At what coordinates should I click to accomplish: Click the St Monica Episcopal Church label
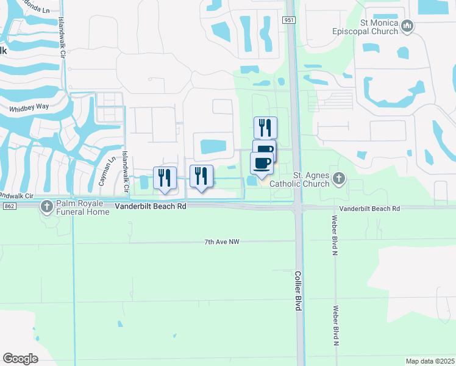click(x=371, y=27)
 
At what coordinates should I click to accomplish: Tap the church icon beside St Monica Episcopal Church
click(x=408, y=26)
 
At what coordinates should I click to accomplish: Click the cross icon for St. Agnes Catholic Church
click(x=340, y=179)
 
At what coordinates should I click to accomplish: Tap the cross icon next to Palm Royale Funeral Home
click(x=47, y=207)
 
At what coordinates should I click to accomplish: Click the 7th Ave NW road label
click(x=222, y=242)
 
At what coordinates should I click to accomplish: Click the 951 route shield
click(x=290, y=20)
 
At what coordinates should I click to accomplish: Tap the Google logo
click(x=20, y=359)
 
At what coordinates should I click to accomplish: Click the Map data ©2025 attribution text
click(x=430, y=361)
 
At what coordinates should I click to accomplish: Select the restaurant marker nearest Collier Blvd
click(x=265, y=127)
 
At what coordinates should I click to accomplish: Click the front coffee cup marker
click(x=262, y=163)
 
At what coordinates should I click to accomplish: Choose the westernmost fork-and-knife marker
click(x=165, y=178)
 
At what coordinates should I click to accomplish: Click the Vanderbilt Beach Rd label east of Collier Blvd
click(x=370, y=209)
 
